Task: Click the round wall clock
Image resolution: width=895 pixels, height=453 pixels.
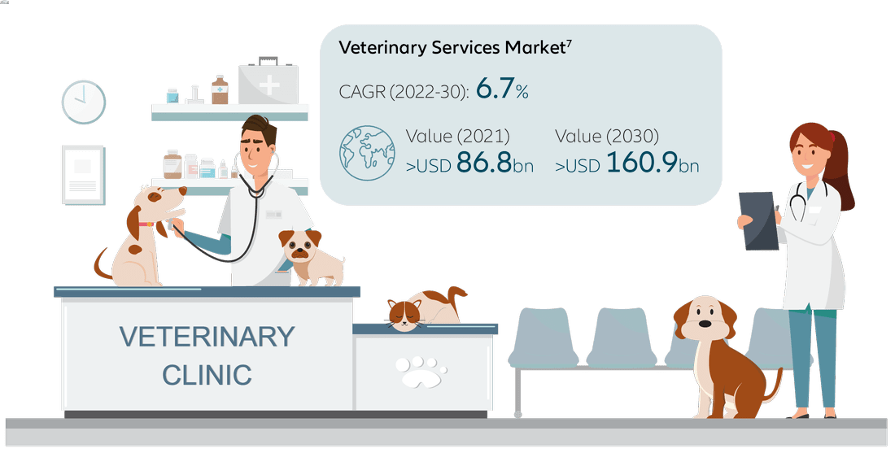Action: coord(83,102)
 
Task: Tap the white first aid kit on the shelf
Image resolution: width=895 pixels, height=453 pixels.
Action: coord(268,81)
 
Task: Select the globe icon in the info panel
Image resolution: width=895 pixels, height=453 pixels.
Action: coord(367,153)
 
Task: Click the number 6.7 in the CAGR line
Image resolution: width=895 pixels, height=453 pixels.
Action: coord(495,89)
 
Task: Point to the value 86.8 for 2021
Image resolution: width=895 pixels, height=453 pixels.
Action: coord(484,162)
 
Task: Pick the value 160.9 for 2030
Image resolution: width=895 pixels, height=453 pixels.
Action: coord(642,162)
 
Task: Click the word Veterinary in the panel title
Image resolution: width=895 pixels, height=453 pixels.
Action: coord(382,48)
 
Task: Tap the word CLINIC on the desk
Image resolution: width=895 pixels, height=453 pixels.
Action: coord(207,375)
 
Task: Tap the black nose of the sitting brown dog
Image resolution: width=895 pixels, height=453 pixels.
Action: coord(705,324)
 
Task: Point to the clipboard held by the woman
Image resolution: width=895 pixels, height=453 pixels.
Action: coord(758,220)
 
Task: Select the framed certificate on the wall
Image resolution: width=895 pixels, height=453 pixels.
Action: coord(83,175)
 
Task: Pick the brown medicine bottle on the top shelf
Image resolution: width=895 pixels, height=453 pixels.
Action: coord(220,90)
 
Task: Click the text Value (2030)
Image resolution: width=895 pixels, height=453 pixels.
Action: coord(607,137)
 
